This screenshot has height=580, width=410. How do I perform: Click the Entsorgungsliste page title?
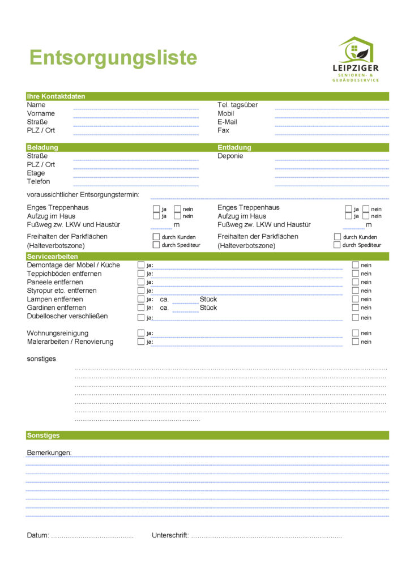point(113,58)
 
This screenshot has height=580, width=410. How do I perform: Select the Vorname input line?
point(136,117)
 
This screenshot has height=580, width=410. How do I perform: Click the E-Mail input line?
point(332,125)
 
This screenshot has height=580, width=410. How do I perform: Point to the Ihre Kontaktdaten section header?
point(56,96)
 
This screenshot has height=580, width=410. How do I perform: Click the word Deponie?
point(230,156)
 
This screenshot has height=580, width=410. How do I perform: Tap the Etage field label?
point(36,173)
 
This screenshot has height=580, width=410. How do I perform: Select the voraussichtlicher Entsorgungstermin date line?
point(269,198)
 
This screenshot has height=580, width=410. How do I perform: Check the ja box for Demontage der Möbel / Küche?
point(141,265)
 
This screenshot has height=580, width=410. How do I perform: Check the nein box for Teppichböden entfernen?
point(356,274)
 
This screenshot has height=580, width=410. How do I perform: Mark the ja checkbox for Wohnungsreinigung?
point(141,333)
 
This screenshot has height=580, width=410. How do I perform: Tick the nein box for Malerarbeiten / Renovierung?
point(356,342)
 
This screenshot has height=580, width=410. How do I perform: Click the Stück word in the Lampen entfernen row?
point(208,299)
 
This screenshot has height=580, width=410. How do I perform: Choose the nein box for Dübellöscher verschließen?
point(356,317)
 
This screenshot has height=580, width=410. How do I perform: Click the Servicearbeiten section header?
point(52,257)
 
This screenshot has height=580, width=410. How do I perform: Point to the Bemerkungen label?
point(49,453)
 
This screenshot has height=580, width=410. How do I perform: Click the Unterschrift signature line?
point(266,536)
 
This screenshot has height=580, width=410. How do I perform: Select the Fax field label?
point(223,130)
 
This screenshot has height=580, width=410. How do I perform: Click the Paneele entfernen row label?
point(54,282)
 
